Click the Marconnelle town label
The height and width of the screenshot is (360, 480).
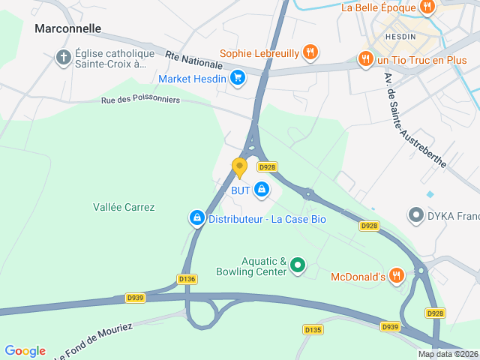point(67,28)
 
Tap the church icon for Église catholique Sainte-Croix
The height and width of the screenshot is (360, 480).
point(64,57)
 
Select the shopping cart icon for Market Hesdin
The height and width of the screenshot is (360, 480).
point(238,77)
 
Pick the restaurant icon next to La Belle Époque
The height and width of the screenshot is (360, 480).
point(427,7)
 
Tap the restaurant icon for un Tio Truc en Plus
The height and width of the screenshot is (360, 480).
point(365,58)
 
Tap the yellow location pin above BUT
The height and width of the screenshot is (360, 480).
point(240,167)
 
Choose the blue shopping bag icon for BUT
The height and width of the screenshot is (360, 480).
point(261,190)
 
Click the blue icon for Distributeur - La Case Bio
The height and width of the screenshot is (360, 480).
point(196,218)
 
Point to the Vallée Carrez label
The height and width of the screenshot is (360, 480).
point(124,207)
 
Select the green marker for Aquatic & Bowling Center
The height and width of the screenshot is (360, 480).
point(298,265)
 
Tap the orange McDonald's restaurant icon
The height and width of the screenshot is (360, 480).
point(397,277)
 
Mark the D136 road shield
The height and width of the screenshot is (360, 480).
point(187,279)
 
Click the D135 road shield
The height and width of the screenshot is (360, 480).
point(313,329)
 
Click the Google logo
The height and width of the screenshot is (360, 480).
point(25,351)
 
